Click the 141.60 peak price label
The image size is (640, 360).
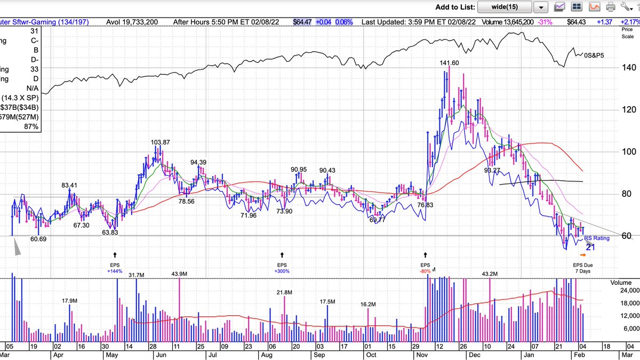[449, 63]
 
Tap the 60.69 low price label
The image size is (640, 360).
[38, 239]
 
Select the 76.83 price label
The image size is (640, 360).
[425, 205]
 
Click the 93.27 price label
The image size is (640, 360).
[492, 171]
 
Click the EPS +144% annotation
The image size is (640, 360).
[115, 268]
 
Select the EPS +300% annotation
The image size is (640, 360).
[282, 268]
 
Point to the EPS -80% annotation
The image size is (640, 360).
[425, 268]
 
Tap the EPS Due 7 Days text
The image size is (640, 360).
[582, 268]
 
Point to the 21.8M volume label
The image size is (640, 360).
[284, 292]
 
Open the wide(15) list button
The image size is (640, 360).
[505, 7]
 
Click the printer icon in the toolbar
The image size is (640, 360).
[611, 7]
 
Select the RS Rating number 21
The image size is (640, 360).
[590, 246]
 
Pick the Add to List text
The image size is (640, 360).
[454, 7]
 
